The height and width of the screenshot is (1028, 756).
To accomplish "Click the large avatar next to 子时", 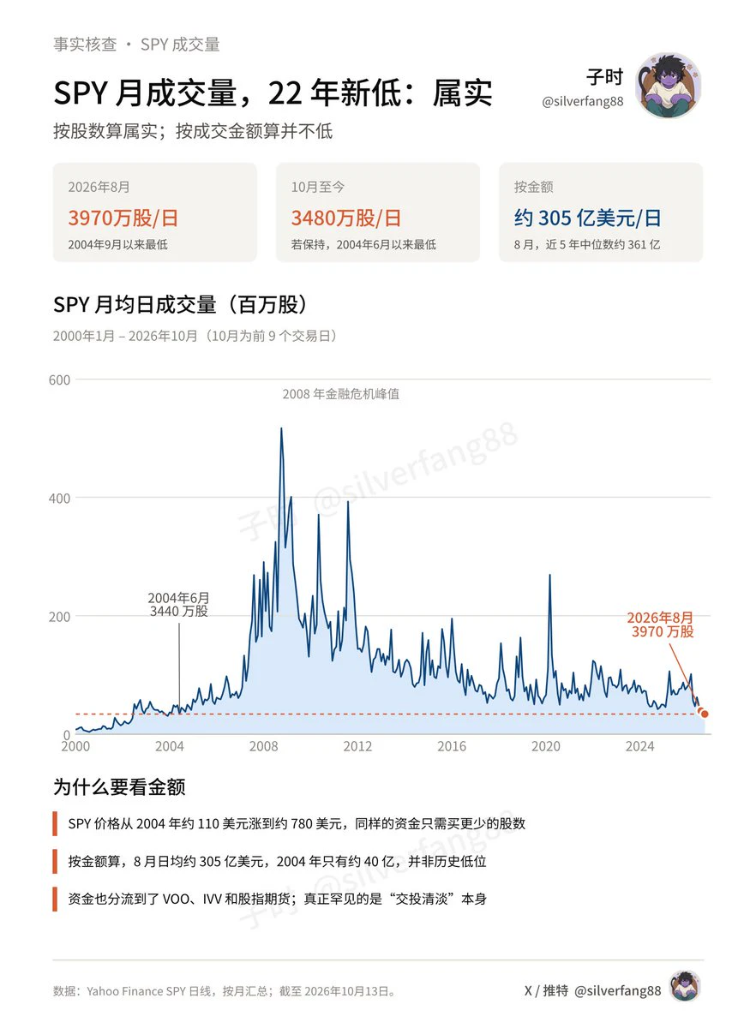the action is coord(668,85).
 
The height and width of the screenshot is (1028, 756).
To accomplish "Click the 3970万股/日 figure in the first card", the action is coord(123,218).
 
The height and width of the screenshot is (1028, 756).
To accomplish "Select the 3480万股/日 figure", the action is coord(346,218).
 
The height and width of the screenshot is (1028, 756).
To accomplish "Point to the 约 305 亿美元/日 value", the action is coord(587,218).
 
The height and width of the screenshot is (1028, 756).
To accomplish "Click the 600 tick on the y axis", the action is coord(59,380).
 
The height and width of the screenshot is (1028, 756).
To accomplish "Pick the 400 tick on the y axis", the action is coord(59,498).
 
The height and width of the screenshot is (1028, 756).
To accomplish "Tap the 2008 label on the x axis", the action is coord(264,747).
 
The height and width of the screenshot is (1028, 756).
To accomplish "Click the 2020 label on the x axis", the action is coord(546,747).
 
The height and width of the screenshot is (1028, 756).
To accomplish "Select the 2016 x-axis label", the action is coord(452,747).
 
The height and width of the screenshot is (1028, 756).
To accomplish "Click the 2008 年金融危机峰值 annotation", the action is coord(341,394).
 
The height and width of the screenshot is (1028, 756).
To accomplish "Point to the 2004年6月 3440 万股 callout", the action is coord(178,605).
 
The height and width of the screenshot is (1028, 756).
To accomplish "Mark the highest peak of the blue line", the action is coord(281,428).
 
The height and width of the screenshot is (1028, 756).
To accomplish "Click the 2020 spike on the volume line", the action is coord(549,575).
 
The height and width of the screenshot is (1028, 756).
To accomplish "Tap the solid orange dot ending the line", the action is coord(705,714).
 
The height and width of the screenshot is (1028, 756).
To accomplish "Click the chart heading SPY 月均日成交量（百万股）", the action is coord(180,304).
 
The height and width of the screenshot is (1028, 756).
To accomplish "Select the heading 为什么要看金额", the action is coord(119,786).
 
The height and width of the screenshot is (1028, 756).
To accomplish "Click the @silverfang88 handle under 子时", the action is coord(582,101).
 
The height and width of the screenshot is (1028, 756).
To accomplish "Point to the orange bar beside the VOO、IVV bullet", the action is coord(55,899).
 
